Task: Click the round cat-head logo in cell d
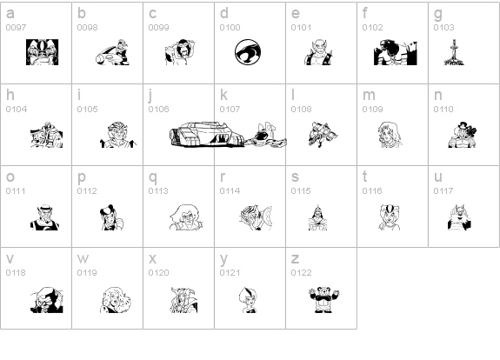[x=248, y=52]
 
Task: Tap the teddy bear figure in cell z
[x=324, y=299]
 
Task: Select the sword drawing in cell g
[x=454, y=52]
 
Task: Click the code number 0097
[x=16, y=28]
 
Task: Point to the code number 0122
[x=301, y=273]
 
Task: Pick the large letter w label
[x=83, y=258]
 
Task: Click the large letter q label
[x=153, y=177]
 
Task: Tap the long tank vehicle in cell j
[x=207, y=134]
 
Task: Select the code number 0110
[x=443, y=109]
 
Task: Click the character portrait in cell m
[x=390, y=134]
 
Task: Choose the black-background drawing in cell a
[x=42, y=52]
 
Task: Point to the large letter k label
[x=223, y=95]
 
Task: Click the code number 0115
[x=301, y=190]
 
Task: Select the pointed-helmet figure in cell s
[x=317, y=217]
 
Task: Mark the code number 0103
[x=443, y=28]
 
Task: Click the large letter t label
[x=365, y=177]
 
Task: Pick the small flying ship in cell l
[x=323, y=134]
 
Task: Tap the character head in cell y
[x=248, y=299]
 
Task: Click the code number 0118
[x=16, y=273]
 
